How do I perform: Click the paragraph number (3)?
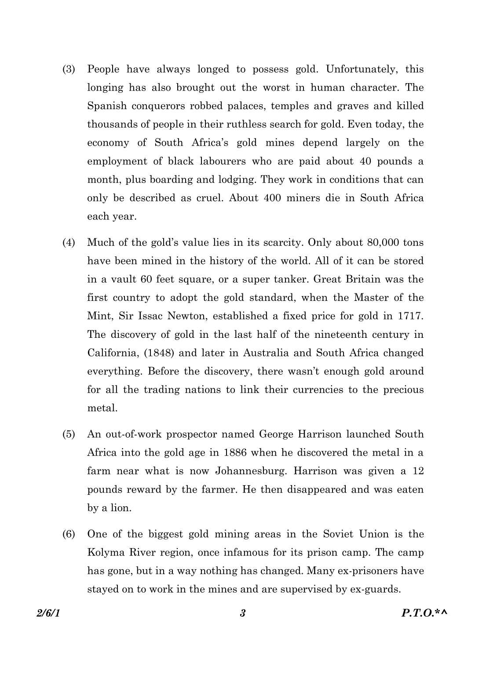coord(69,69)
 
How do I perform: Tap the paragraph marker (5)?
coord(69,435)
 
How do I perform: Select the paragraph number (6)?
coord(69,534)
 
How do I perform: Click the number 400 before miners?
coord(272,198)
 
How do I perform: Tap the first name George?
coord(276,435)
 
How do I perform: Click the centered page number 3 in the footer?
coord(242,613)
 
